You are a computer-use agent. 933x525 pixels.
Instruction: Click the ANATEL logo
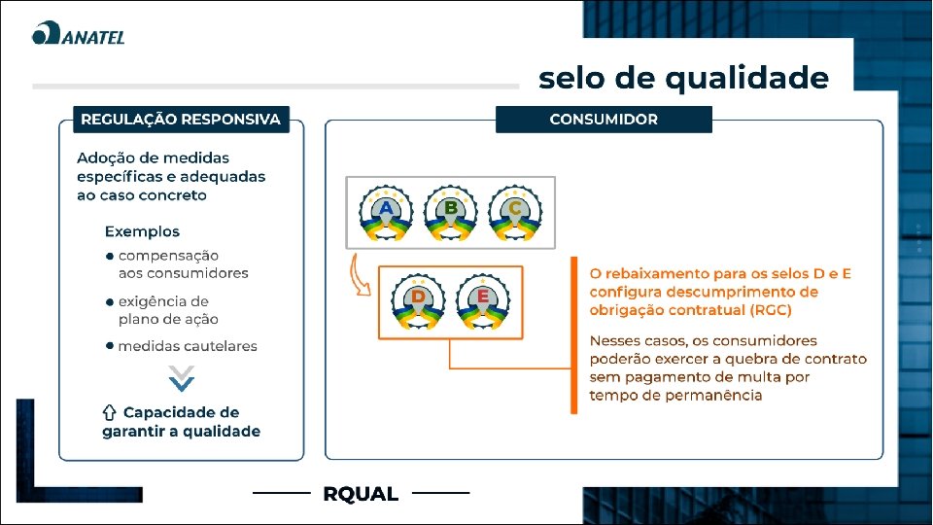78,35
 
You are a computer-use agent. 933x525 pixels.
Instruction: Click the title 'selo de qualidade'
683,77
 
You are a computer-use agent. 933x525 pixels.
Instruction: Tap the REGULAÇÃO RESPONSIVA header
181,120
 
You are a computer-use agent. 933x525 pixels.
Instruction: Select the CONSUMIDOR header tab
604,120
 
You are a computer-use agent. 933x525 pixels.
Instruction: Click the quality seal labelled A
387,214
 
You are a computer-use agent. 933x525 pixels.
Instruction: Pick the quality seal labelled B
451,214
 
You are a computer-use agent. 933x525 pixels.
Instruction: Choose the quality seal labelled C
515,214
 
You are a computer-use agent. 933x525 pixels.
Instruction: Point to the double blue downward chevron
182,378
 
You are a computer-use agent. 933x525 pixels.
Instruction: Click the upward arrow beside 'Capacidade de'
110,412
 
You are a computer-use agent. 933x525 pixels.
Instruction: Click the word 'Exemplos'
142,231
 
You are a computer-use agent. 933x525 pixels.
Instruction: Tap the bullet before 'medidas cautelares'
110,345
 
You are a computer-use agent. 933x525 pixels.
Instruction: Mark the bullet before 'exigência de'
110,302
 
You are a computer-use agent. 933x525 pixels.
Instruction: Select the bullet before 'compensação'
110,256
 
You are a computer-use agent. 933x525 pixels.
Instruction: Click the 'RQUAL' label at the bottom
361,494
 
